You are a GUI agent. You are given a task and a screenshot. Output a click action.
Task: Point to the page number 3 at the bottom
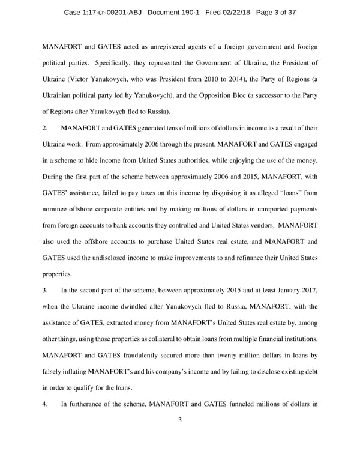pos(179,420)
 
